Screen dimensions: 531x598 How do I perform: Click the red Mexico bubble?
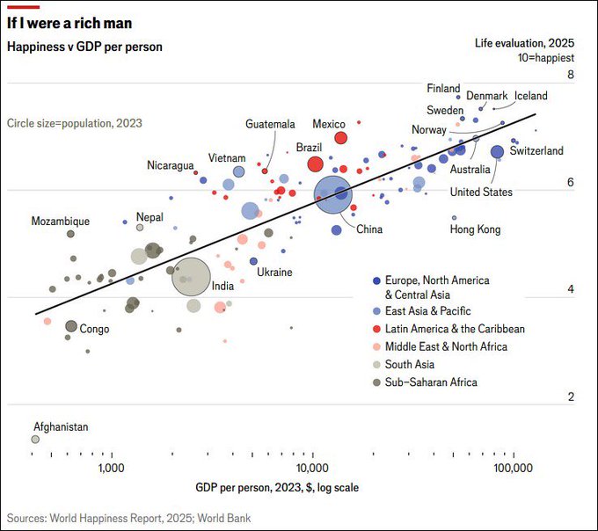[x=340, y=137]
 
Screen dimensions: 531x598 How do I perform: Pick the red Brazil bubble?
[x=315, y=164]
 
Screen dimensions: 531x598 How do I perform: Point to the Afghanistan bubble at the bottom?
[x=35, y=439]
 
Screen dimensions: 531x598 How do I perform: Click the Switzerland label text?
[x=536, y=151]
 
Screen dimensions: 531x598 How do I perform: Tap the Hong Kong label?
[x=475, y=229]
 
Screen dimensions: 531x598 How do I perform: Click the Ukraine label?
[x=274, y=273]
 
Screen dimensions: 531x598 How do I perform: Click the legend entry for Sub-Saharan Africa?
[x=430, y=382]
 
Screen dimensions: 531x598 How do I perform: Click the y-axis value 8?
[x=571, y=76]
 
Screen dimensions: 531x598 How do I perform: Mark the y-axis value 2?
[x=571, y=397]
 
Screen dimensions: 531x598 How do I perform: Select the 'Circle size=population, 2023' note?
[x=74, y=124]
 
